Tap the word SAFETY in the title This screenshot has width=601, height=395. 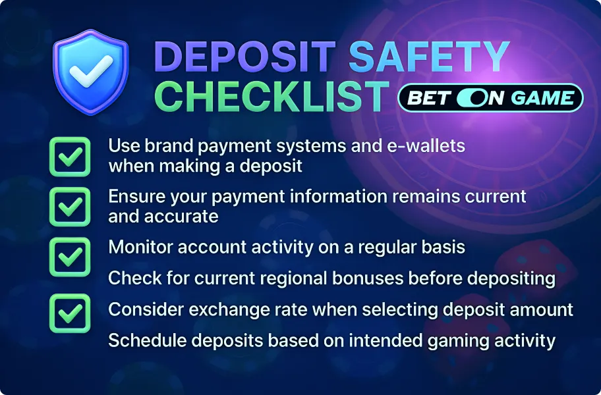click(429, 59)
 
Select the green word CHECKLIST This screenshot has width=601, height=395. click(273, 97)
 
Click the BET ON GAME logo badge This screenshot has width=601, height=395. click(491, 98)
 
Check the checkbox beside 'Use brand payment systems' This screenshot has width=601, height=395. click(70, 157)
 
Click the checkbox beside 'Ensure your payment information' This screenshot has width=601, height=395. click(70, 207)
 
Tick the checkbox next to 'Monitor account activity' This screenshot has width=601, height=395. click(70, 256)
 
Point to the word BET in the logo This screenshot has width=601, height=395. click(429, 98)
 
